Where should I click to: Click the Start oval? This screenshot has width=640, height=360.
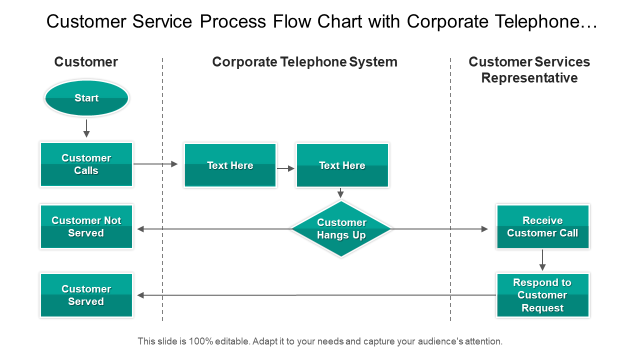point(86,98)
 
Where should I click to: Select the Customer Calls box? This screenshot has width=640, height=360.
point(86,164)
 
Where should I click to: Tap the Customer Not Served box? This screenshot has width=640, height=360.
point(86,226)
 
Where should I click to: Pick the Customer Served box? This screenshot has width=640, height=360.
point(86,295)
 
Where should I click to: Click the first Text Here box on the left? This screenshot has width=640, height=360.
point(230,165)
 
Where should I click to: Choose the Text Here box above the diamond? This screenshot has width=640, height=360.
point(342,165)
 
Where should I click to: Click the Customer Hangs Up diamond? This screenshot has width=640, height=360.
point(341,229)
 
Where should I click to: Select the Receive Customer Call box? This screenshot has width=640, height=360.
point(542,226)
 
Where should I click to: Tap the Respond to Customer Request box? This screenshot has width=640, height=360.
point(542,295)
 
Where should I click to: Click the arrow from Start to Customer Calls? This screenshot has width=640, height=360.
point(86,128)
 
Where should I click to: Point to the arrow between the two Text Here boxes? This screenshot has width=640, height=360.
point(286,169)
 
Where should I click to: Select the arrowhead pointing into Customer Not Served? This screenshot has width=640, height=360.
point(140,229)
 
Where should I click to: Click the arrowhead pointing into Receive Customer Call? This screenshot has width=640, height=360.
point(484,229)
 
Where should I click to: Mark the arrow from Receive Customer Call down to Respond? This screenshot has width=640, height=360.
point(542,260)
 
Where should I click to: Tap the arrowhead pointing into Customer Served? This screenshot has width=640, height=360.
point(140,295)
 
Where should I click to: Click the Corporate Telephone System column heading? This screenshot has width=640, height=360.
point(304,62)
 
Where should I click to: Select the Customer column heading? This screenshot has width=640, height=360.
point(86,62)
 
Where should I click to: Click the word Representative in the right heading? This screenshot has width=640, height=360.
point(529,78)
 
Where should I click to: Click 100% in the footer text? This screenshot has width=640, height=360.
point(201,341)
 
